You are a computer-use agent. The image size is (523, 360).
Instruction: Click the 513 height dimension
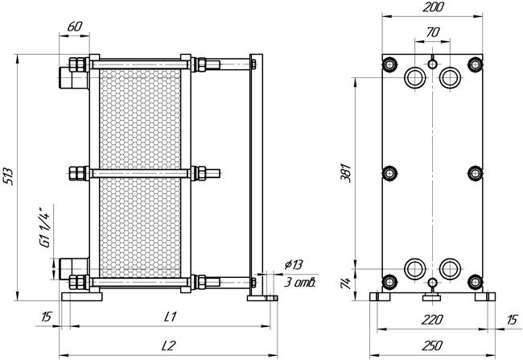(x=8, y=176)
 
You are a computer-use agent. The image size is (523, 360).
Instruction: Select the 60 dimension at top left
(x=74, y=27)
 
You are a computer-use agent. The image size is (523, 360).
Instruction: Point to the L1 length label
(x=171, y=317)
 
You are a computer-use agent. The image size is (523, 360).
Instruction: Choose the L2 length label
(x=168, y=346)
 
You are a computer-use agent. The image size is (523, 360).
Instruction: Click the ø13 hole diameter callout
(x=294, y=264)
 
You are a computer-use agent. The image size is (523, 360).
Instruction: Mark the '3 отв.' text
(x=299, y=283)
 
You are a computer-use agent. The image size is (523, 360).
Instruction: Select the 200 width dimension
(x=433, y=7)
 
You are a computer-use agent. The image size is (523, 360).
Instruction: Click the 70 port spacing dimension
(x=433, y=32)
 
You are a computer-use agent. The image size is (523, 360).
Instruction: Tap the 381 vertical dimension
(x=345, y=172)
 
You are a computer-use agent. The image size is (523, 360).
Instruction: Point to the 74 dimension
(x=346, y=283)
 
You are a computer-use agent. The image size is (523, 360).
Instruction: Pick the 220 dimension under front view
(x=432, y=320)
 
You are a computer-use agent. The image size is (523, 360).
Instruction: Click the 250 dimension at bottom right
(x=432, y=346)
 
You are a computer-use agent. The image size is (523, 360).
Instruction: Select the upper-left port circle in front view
(x=415, y=77)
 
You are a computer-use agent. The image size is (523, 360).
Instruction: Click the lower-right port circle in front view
(x=450, y=269)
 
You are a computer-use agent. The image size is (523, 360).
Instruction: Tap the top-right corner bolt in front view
(x=476, y=64)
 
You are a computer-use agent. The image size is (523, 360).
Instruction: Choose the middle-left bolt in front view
(x=389, y=173)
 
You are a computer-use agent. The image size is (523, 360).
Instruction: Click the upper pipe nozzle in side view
(x=74, y=78)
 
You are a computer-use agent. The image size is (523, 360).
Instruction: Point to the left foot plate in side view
(x=82, y=296)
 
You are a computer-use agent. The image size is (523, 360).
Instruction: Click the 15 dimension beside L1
(x=46, y=317)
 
